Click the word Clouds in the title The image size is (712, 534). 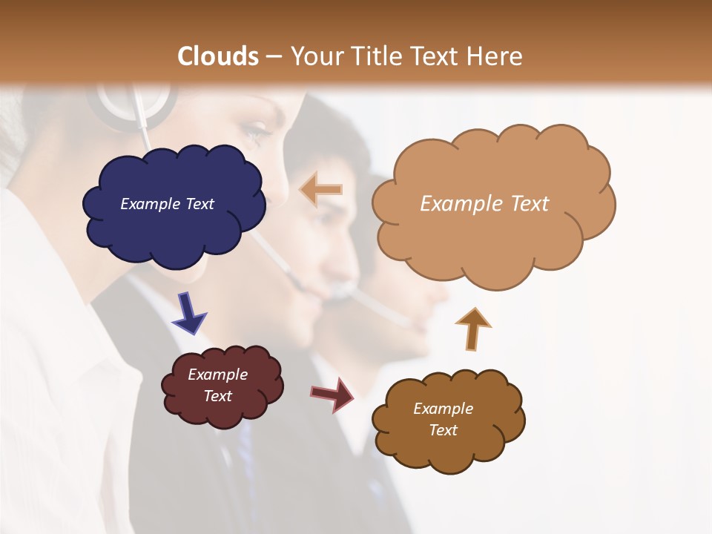218,56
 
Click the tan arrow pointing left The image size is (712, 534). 320,190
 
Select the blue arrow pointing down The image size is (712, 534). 188,313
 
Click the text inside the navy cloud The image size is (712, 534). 167,204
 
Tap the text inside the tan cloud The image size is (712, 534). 484,204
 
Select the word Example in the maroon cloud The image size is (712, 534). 217,375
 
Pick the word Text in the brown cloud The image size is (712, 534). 443,430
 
